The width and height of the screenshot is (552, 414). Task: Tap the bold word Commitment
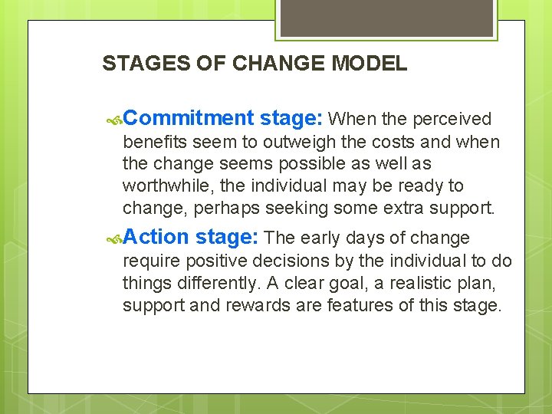click(188, 118)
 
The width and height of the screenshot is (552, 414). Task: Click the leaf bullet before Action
click(113, 238)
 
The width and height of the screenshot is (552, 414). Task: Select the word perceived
click(452, 119)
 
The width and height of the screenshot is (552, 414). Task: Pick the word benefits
click(155, 142)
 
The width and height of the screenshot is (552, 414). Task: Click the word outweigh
click(295, 142)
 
